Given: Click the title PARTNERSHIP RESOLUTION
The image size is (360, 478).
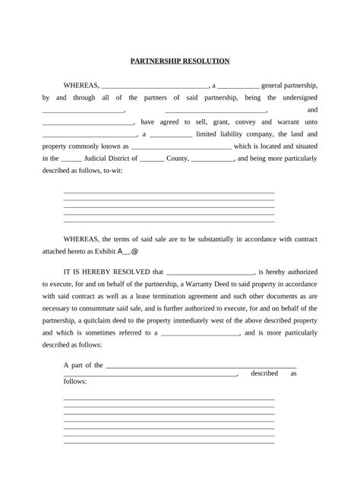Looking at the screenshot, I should pos(180,61).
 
